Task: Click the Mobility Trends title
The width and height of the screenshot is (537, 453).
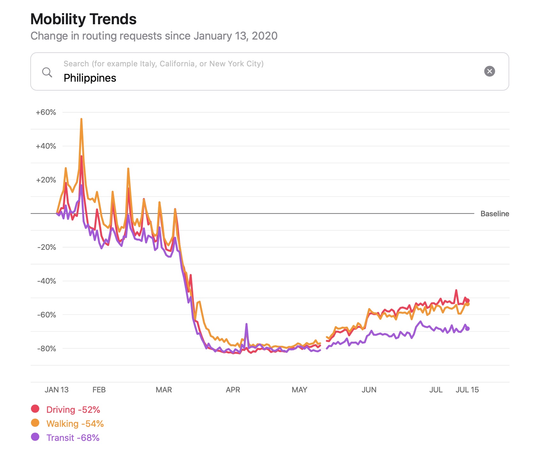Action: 83,19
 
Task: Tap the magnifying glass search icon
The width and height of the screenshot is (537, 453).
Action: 47,72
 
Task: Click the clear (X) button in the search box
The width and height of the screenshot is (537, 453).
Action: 489,71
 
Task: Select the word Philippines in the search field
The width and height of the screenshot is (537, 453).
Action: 90,78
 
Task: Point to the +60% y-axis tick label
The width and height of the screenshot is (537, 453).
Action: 46,113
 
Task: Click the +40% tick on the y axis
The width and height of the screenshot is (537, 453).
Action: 46,146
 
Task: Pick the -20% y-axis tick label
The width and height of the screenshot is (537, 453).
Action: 47,247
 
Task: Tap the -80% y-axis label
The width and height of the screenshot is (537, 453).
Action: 47,349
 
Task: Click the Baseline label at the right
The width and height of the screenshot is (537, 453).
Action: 495,214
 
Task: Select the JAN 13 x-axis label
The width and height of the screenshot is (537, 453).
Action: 57,390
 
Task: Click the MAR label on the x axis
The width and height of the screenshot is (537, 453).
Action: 164,390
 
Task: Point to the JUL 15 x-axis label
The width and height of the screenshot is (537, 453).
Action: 467,390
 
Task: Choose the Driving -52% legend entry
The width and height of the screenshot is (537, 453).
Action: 73,410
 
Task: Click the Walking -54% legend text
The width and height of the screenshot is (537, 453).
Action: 75,424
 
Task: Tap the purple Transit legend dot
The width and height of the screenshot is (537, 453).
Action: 35,437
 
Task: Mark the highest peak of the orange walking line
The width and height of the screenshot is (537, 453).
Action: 81,119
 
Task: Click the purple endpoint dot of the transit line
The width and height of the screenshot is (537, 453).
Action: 467,329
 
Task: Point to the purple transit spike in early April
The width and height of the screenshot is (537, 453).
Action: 246,324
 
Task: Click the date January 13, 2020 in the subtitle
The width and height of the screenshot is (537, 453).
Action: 235,36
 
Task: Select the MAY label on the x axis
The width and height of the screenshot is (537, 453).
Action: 299,390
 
